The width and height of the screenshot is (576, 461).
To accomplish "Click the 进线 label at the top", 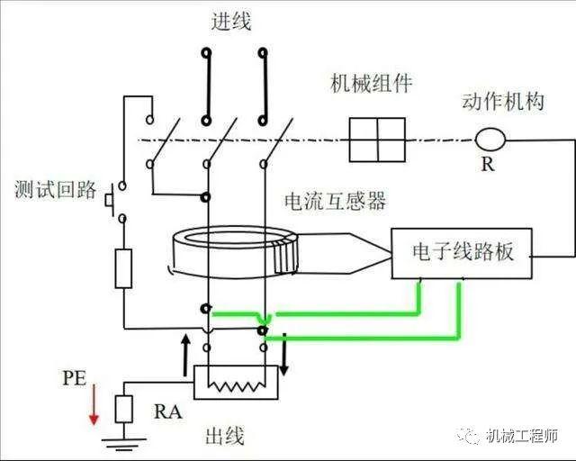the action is [231, 21].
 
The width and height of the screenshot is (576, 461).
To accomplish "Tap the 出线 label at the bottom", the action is [224, 436].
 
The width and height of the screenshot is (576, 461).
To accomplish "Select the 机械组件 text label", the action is [372, 84].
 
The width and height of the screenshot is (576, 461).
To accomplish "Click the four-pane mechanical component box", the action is [377, 140].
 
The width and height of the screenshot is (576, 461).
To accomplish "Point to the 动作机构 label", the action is [503, 101].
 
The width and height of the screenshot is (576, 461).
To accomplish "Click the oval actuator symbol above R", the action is [490, 140].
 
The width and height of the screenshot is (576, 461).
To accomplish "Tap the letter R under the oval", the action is [488, 164].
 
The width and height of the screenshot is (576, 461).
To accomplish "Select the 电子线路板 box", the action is [462, 254].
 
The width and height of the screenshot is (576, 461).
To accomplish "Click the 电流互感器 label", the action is [336, 201].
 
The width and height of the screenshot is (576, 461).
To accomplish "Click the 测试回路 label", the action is [56, 190].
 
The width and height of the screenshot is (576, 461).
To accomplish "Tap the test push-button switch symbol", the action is [110, 201].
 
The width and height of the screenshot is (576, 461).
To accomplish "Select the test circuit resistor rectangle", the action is [123, 268].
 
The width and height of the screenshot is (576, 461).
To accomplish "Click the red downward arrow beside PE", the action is [94, 404].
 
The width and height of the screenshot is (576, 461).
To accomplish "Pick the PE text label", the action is [75, 378].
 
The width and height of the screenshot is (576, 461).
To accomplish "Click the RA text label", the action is [168, 411].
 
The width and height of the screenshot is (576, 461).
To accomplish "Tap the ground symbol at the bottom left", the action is [124, 444].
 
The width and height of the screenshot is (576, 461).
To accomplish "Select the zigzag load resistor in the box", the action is [237, 386].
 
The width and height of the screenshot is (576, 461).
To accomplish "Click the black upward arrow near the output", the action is [186, 355].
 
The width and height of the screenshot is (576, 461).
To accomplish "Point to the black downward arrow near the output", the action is [283, 355].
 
